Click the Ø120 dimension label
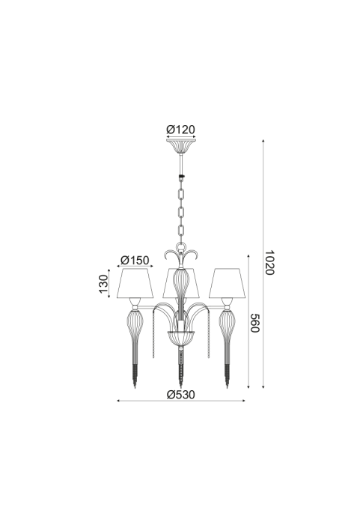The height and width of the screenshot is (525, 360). [180, 130]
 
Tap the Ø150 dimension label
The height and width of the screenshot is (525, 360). [135, 260]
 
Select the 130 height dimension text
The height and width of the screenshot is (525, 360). [104, 283]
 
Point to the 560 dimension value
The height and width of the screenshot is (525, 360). [255, 323]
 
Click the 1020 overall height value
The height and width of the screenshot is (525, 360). [269, 262]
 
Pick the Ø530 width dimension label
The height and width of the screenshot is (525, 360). [180, 395]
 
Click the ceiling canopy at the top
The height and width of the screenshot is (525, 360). [181, 146]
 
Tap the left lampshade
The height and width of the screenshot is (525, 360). [135, 283]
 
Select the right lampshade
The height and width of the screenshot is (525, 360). [228, 283]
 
